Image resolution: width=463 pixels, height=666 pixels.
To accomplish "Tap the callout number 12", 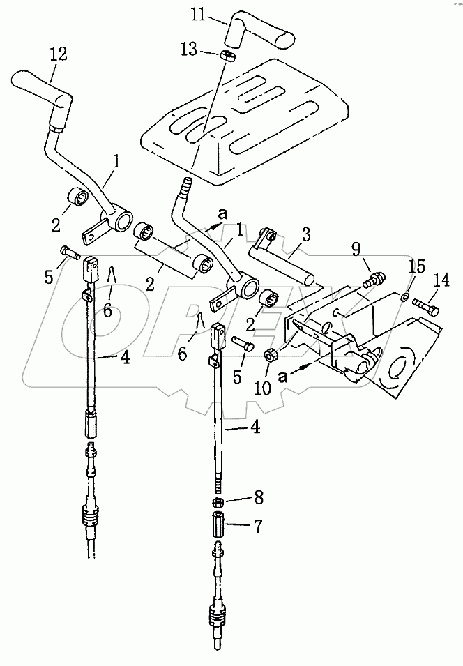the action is [x=58, y=54].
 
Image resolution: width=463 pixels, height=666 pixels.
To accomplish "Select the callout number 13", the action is [x=189, y=50].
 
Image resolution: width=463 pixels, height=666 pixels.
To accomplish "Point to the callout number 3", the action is [x=306, y=235].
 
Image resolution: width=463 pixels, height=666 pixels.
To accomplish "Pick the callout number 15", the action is [x=417, y=267].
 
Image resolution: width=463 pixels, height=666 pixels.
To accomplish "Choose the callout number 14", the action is [x=441, y=281].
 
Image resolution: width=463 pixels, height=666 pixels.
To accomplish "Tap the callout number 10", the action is [x=264, y=387].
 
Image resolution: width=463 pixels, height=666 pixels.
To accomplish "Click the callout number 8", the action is [x=258, y=497].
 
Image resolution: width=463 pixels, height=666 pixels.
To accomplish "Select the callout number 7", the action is [x=258, y=527].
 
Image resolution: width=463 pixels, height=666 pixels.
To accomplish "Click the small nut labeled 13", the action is [x=229, y=56].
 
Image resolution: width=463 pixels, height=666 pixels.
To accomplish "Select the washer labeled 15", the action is [x=405, y=296].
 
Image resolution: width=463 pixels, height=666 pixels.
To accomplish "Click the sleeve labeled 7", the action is [x=218, y=524].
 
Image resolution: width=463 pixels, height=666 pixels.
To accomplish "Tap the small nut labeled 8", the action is [x=218, y=502].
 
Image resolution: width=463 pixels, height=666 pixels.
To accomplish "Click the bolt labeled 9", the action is [x=374, y=280].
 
